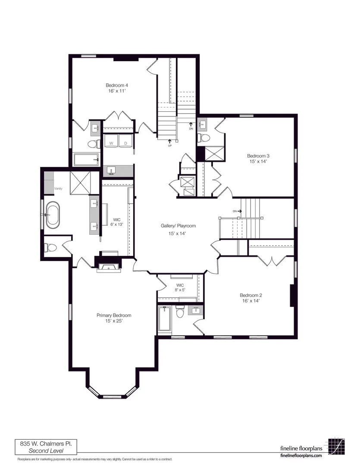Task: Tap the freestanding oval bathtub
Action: tap(53, 215)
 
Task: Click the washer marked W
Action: tap(111, 141)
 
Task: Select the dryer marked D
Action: tap(126, 141)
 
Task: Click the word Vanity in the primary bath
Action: tap(58, 189)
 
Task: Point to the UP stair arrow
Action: tap(170, 143)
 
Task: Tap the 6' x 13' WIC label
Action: tap(117, 222)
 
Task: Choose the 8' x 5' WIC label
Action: tap(180, 287)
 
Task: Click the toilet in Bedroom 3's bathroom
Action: tap(204, 138)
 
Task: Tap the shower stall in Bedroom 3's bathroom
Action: tap(214, 153)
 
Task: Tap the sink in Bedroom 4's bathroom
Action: tap(96, 129)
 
